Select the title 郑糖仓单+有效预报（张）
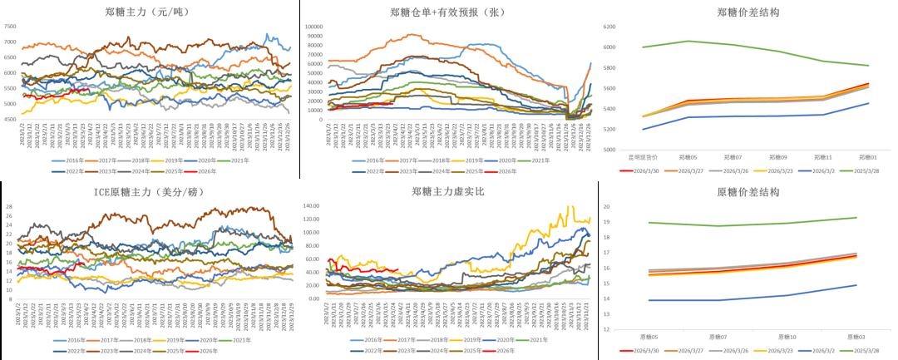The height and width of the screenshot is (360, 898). pyautogui.click(x=447, y=12)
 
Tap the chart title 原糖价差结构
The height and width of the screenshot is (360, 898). pyautogui.click(x=747, y=192)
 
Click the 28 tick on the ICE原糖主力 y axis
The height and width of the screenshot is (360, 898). pyautogui.click(x=9, y=205)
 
